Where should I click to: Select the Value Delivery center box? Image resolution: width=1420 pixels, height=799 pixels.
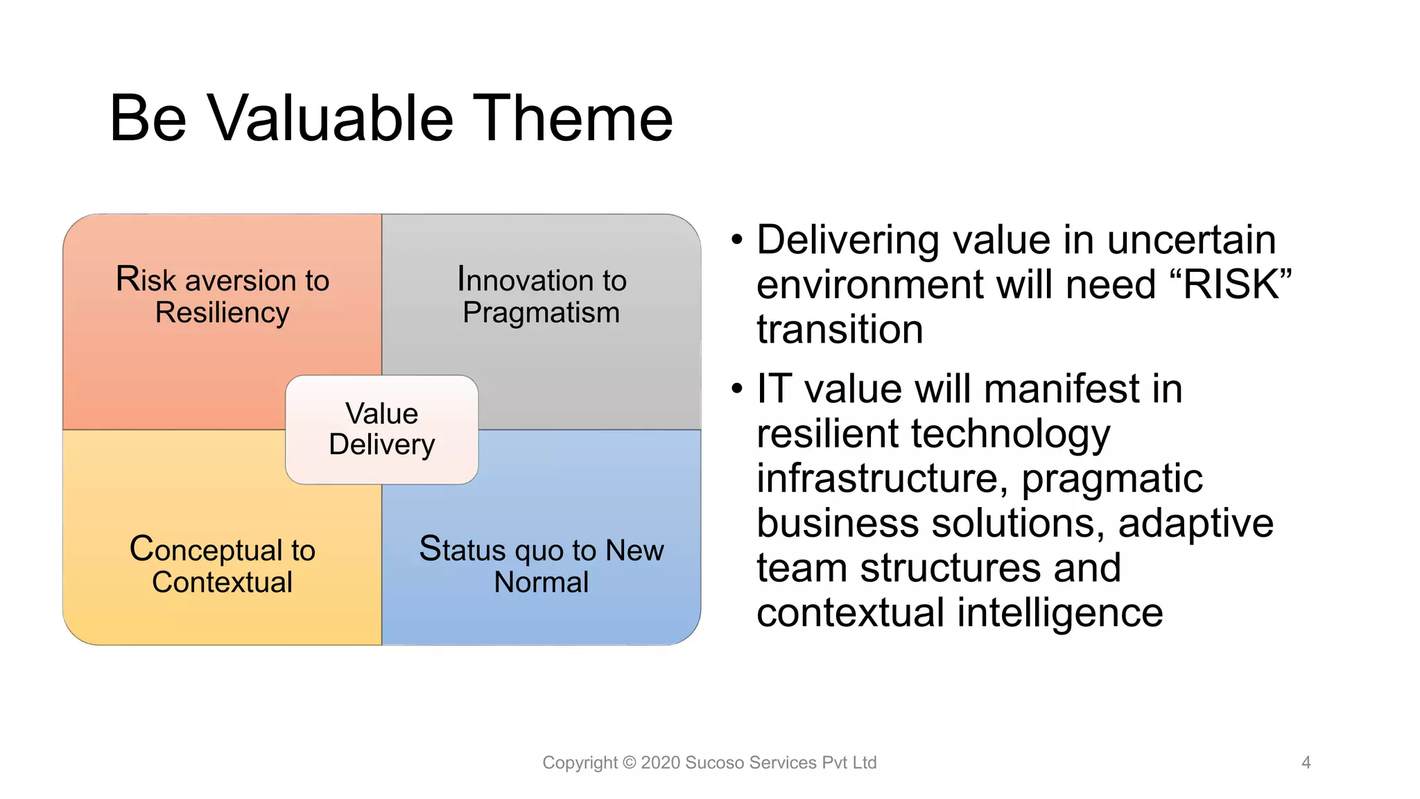[x=381, y=429]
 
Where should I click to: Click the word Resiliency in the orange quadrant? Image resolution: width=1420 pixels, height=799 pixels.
[x=222, y=313]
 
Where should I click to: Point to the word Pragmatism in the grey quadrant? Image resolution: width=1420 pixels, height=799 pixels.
[x=541, y=313]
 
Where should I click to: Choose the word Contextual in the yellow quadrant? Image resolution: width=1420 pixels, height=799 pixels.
[x=222, y=582]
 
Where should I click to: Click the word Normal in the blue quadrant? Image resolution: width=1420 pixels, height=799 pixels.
[x=541, y=582]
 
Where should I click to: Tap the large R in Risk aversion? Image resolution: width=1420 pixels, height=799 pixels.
[x=127, y=279]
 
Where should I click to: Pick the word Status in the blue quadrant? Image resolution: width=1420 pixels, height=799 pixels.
[x=462, y=549]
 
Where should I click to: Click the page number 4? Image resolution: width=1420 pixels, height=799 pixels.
[x=1306, y=762]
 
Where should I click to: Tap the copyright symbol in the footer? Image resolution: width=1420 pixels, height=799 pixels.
[x=629, y=762]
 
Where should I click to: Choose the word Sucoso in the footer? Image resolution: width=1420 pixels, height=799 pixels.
[x=714, y=762]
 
